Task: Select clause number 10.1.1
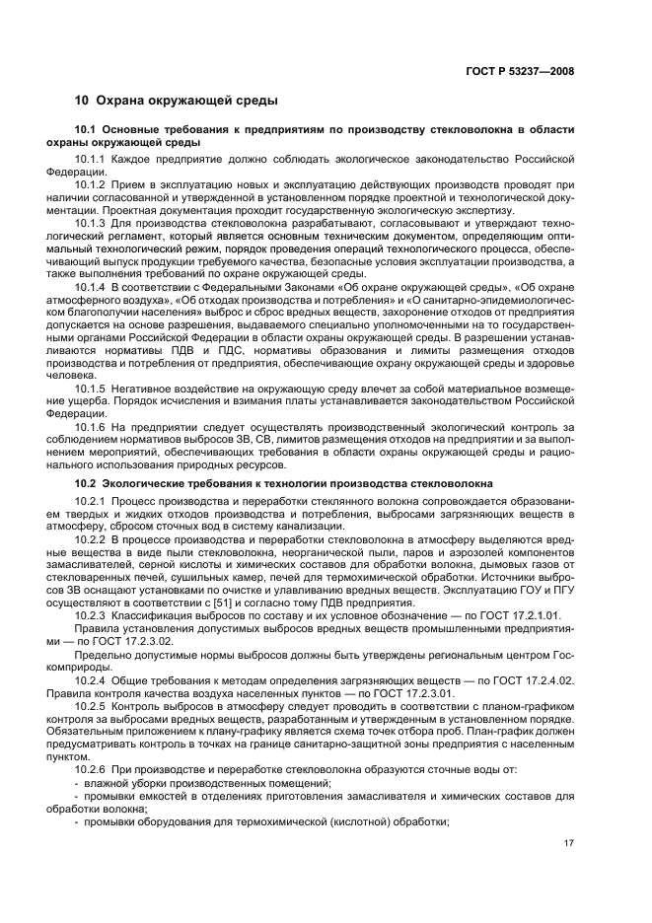click(92, 159)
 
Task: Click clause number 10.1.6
click(92, 425)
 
